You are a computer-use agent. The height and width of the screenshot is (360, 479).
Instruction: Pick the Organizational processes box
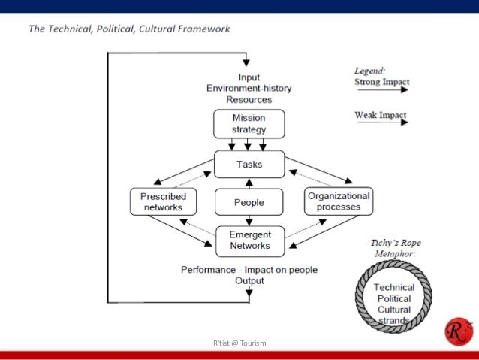[339, 201]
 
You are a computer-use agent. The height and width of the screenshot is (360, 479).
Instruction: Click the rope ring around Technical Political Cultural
[358, 298]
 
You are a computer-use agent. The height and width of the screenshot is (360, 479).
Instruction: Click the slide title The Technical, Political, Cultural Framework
[129, 29]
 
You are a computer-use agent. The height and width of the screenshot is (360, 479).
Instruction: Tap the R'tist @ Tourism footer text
[239, 343]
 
